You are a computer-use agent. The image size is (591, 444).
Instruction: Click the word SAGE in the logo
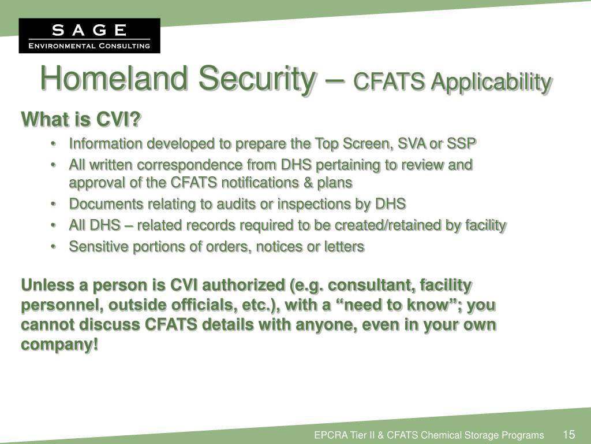89,29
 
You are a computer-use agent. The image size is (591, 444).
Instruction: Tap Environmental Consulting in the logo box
89,46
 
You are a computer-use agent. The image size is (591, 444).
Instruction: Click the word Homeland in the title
114,79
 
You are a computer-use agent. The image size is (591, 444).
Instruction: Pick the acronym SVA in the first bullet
420,143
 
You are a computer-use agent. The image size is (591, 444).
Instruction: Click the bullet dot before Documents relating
53,204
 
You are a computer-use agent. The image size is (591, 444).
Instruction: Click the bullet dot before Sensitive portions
53,247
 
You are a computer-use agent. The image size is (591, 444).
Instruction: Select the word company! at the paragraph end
59,345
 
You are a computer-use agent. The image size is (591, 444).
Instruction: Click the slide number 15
568,435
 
